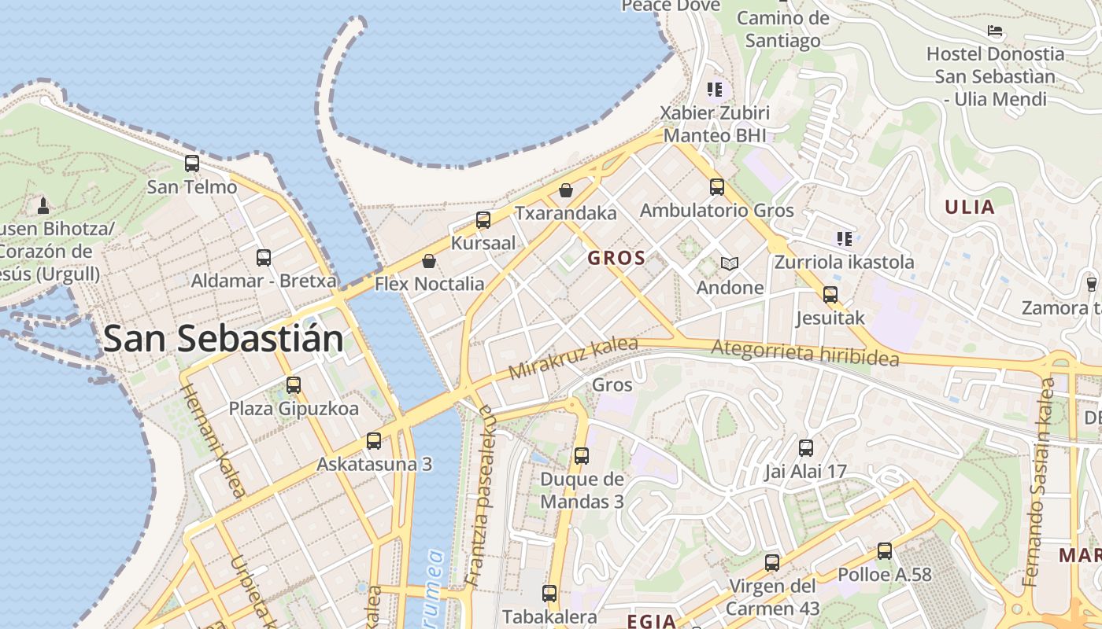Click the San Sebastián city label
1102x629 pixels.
pyautogui.click(x=224, y=339)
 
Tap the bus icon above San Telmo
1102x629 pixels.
pyautogui.click(x=192, y=164)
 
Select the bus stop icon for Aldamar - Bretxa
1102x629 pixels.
pyautogui.click(x=264, y=257)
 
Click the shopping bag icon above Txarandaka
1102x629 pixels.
pyautogui.click(x=565, y=189)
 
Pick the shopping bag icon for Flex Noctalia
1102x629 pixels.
pyautogui.click(x=429, y=260)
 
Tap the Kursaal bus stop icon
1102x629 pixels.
pyautogui.click(x=483, y=219)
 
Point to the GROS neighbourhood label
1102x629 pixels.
pyautogui.click(x=616, y=258)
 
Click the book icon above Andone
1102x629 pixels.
pyautogui.click(x=730, y=264)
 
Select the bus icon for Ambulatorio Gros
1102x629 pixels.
pyautogui.click(x=716, y=186)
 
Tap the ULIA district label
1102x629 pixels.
pyautogui.click(x=970, y=208)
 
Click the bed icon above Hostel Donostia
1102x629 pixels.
pyautogui.click(x=995, y=31)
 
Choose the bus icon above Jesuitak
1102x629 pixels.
pyautogui.click(x=830, y=295)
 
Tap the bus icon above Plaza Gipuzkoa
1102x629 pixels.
pyautogui.click(x=294, y=384)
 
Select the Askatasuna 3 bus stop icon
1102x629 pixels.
pyautogui.click(x=374, y=440)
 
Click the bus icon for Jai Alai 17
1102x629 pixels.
pyautogui.click(x=806, y=448)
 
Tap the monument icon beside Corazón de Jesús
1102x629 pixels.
pyautogui.click(x=43, y=206)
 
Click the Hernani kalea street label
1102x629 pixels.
pyautogui.click(x=213, y=441)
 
